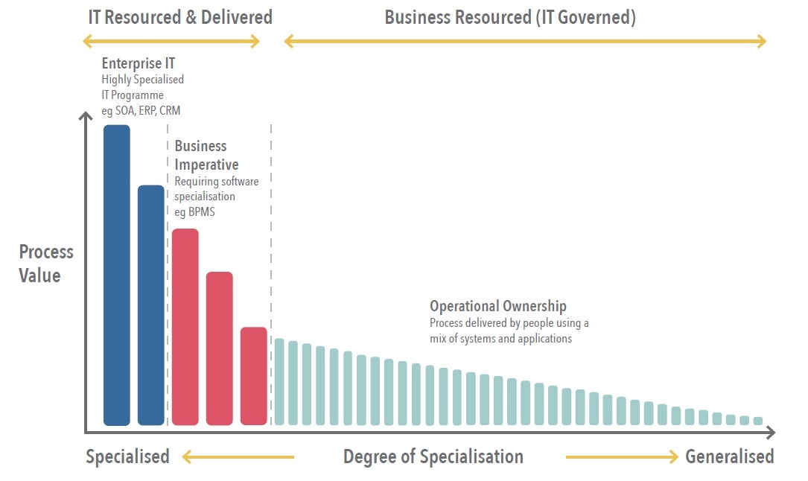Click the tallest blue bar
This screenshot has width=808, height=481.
(117, 275)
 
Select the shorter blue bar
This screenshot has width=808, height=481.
(151, 305)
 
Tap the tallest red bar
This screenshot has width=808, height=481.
(185, 327)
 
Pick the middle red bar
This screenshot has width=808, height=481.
(220, 348)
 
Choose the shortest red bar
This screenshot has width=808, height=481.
(254, 376)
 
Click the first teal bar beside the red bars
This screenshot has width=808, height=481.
(279, 381)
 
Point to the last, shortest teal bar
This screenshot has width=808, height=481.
(758, 421)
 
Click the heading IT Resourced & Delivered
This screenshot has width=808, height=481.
(180, 17)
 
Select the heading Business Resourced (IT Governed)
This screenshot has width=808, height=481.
(510, 17)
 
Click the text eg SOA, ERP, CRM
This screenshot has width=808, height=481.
(141, 111)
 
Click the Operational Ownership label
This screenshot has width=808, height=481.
(498, 306)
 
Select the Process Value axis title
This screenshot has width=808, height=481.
(46, 264)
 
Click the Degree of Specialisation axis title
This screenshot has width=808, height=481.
(433, 456)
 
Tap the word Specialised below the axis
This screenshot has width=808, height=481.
(127, 456)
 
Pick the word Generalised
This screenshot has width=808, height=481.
(730, 456)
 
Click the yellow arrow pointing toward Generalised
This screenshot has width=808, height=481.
(622, 456)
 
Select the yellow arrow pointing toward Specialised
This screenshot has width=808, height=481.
(238, 456)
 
